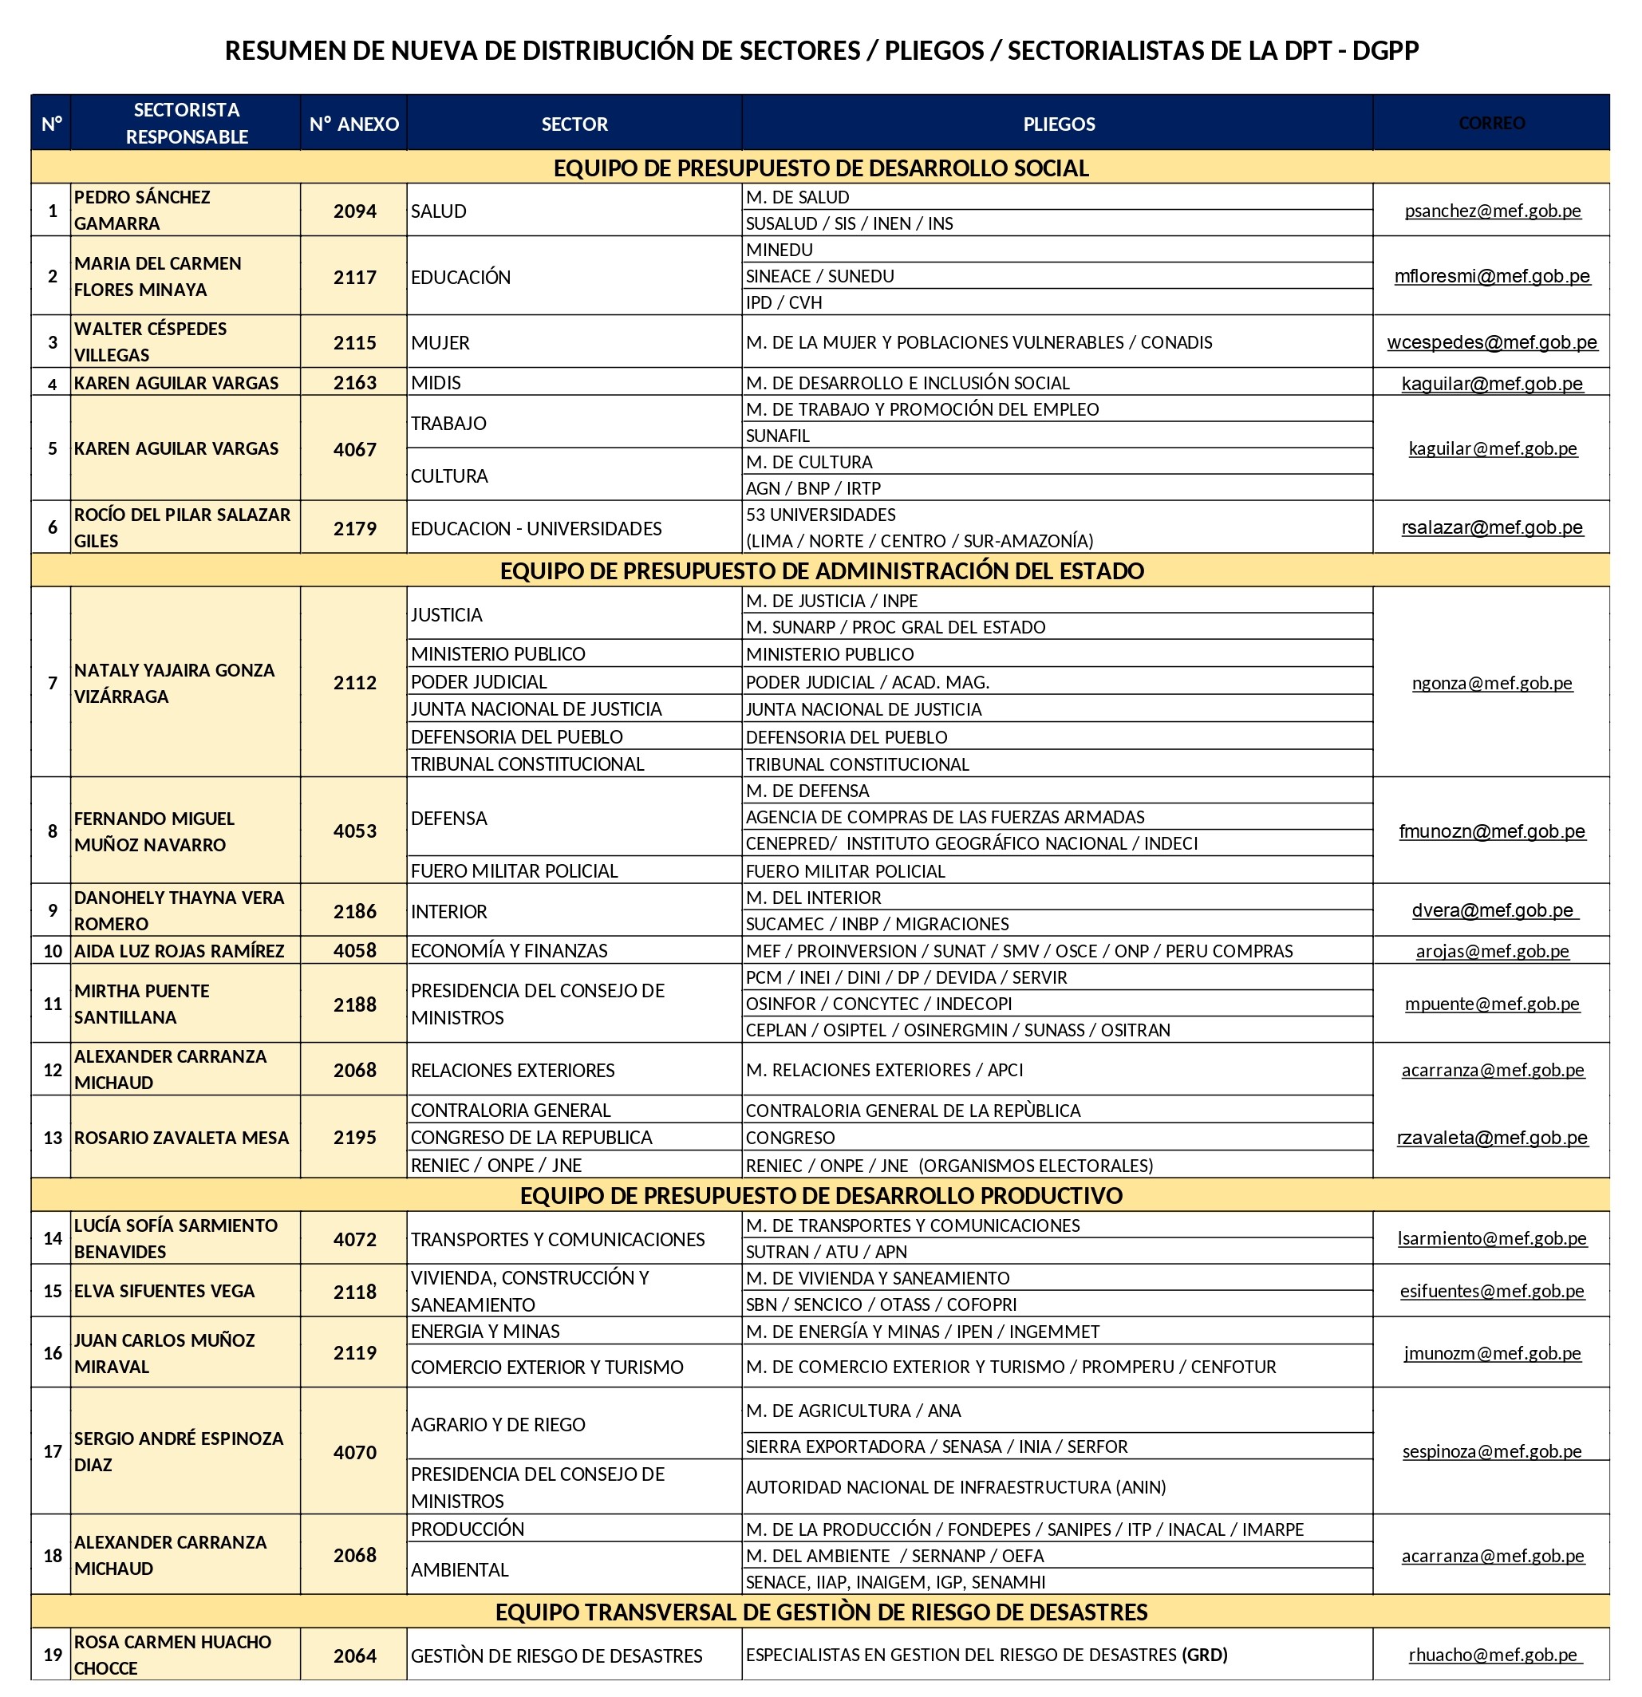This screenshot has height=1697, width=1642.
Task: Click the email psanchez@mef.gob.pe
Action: click(x=1492, y=211)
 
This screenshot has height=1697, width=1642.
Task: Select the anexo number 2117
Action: click(x=354, y=277)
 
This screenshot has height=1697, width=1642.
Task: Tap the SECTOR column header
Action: click(x=574, y=124)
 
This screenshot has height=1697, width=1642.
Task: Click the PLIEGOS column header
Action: click(x=1058, y=124)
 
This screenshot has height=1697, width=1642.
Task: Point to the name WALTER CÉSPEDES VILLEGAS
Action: click(x=150, y=342)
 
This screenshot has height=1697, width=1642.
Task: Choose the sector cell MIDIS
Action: click(x=436, y=383)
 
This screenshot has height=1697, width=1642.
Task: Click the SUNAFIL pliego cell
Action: click(x=778, y=436)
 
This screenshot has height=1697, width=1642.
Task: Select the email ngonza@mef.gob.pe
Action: click(x=1491, y=683)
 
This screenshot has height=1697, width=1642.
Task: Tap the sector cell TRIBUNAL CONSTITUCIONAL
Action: click(x=527, y=764)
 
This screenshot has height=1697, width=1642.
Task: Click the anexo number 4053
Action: click(x=354, y=831)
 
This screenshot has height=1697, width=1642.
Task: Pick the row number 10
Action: click(x=52, y=951)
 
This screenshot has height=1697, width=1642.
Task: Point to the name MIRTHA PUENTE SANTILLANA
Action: click(x=141, y=1004)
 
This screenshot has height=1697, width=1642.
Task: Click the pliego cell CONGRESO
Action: click(x=791, y=1138)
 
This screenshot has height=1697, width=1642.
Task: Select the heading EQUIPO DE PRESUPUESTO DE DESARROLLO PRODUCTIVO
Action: click(x=821, y=1196)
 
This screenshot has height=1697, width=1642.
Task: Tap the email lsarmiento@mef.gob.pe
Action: click(x=1491, y=1238)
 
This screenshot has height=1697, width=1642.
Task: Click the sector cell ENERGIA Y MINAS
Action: click(x=485, y=1331)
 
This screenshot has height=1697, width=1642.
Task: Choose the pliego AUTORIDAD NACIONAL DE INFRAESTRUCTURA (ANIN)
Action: click(x=955, y=1486)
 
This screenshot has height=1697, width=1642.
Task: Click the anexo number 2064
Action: click(x=354, y=1656)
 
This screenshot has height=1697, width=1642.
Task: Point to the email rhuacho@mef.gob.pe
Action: click(x=1493, y=1655)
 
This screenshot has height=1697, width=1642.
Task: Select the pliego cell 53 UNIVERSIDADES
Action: click(x=821, y=515)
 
